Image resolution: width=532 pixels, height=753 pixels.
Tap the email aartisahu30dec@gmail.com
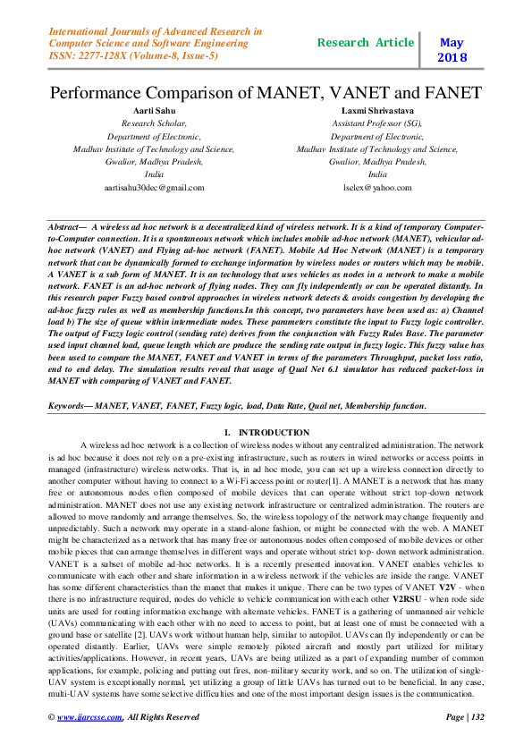pos(154,188)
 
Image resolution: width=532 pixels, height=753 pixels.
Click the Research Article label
pos(366,43)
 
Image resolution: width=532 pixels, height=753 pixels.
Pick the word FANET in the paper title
pos(450,92)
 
